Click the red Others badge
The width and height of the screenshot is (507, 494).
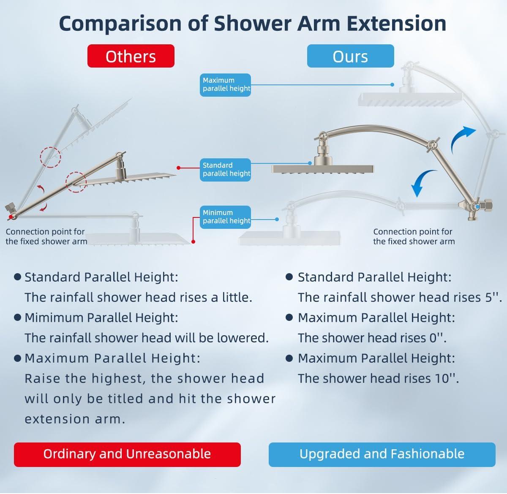tap(131, 56)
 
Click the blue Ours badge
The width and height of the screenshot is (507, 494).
tap(350, 56)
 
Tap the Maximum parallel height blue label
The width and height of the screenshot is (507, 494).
tap(225, 85)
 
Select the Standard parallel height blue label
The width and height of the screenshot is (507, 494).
tap(225, 170)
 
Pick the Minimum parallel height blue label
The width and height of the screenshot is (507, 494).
tap(225, 217)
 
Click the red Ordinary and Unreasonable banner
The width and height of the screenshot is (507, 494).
tap(127, 454)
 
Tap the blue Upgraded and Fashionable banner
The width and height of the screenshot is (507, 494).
tap(382, 454)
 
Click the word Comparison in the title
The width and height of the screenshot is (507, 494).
tap(120, 24)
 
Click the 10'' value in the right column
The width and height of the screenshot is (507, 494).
tap(447, 378)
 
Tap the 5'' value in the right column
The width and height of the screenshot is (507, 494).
tap(493, 297)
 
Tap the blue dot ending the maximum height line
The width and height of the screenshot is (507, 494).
tap(393, 84)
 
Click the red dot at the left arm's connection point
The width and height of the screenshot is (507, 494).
tap(11, 217)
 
